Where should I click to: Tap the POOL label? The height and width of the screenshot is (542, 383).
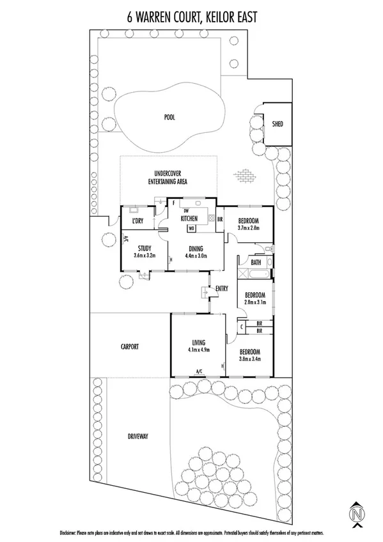169,118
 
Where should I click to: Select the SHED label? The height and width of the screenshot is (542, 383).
277,124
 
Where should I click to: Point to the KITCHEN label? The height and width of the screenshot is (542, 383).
190,219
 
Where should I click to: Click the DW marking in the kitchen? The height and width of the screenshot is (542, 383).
186,211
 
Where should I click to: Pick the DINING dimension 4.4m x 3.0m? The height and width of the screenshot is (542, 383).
196,256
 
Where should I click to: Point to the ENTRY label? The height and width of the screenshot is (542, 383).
222,289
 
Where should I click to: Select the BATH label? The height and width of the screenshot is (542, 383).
256,263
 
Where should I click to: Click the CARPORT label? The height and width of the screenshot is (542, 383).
130,346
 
